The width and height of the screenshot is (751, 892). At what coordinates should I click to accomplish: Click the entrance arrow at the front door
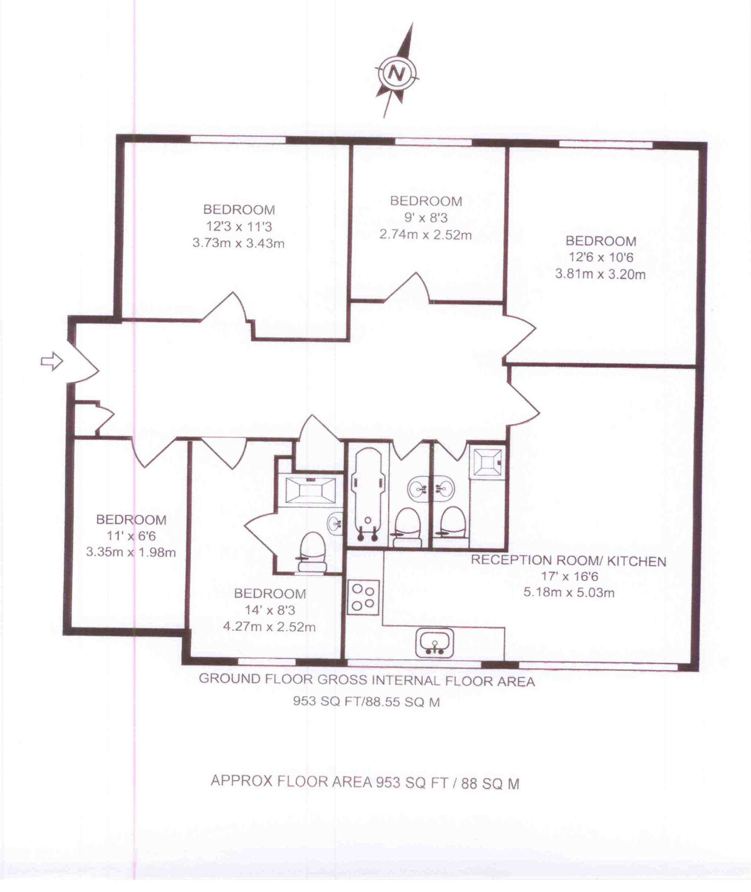[52, 361]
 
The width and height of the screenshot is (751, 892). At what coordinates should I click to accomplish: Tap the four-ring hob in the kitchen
[363, 597]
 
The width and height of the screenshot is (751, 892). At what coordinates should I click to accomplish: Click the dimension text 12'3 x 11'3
[239, 226]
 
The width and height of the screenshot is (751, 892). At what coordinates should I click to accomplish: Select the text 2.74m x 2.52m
[426, 235]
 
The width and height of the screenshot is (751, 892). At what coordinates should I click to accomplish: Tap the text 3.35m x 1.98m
[131, 553]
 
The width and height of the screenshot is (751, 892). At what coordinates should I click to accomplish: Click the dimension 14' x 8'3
[270, 610]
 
